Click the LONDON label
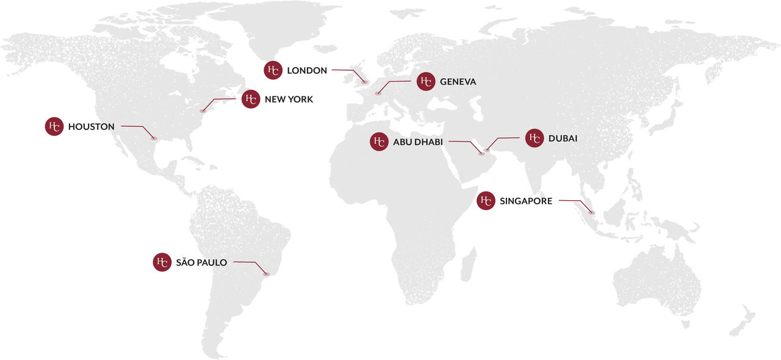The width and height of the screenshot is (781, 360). point(307,71)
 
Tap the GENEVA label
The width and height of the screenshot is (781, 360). point(458,82)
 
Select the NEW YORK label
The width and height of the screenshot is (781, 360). point(289,99)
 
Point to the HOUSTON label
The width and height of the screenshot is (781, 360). point(92,127)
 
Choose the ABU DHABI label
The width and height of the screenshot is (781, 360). point(418,142)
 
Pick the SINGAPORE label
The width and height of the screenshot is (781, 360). point(526,201)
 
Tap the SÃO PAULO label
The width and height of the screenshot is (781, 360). point(201,263)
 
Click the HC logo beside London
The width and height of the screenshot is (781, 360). point(273,70)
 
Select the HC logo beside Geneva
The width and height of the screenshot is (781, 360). point(426,81)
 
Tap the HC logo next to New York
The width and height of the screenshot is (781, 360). point(251,99)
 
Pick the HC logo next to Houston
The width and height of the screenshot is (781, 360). point(54,126)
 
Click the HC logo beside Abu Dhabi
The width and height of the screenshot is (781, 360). point(379,142)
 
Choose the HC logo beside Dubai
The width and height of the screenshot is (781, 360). point(534,139)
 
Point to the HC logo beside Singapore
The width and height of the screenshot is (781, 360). point(486,200)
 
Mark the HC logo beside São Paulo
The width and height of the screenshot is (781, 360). point(162,262)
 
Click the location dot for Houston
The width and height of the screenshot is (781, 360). point(154,139)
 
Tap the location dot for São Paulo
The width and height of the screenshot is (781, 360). point(266,274)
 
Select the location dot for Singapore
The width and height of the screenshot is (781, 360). point(592,212)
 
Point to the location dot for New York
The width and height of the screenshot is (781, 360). point(203,111)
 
